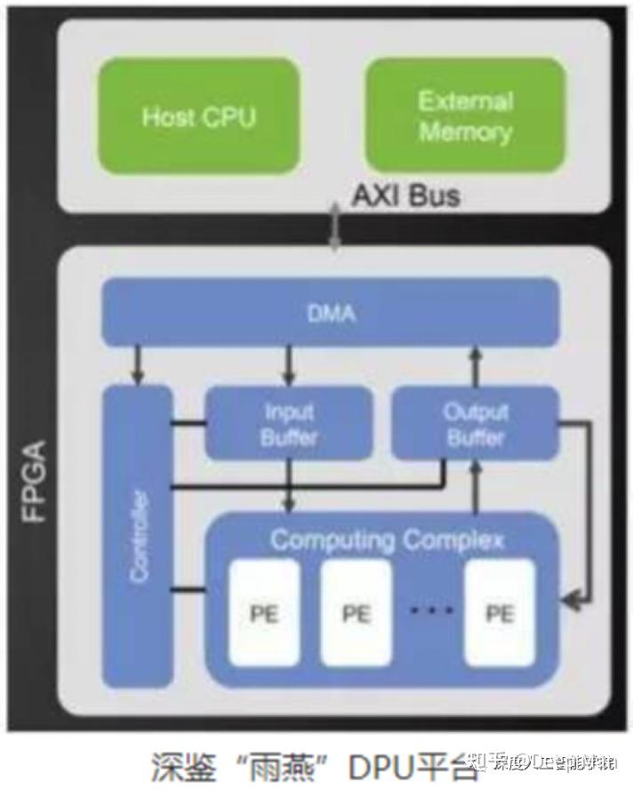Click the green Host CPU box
coord(199,116)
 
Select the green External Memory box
coord(465,116)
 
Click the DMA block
coord(330,311)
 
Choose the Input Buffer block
coord(289,424)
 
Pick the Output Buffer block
coord(475,424)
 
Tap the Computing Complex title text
coord(387,539)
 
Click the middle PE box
coord(356,612)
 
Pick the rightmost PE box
coord(500,612)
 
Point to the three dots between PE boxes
coord(431,610)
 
